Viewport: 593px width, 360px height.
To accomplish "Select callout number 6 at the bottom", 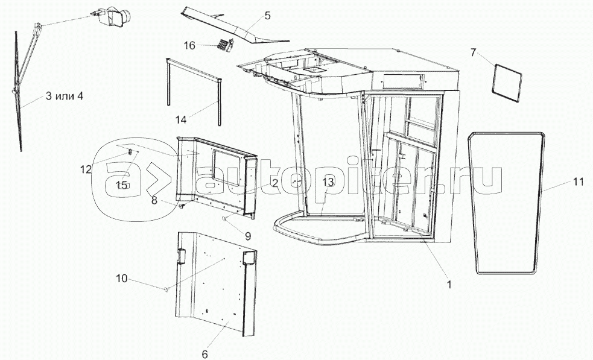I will (x=205, y=354).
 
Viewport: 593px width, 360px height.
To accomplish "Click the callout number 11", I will (x=578, y=182).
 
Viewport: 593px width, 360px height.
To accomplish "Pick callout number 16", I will (x=189, y=46).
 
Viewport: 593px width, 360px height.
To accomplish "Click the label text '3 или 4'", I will (x=63, y=97).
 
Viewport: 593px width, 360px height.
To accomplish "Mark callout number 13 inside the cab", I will (x=328, y=181).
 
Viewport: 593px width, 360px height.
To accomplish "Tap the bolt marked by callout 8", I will (x=180, y=207).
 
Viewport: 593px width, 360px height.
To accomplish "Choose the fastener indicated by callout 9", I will (x=224, y=218).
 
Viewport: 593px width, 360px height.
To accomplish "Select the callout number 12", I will (x=86, y=169).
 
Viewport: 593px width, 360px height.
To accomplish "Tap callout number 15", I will (x=122, y=185).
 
